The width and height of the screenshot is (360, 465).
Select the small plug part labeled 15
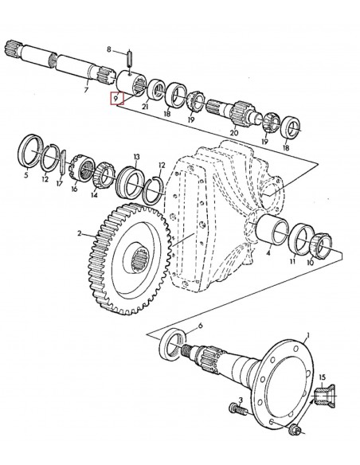pos(324,395)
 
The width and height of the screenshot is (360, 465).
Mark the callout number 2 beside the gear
pos(80,234)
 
